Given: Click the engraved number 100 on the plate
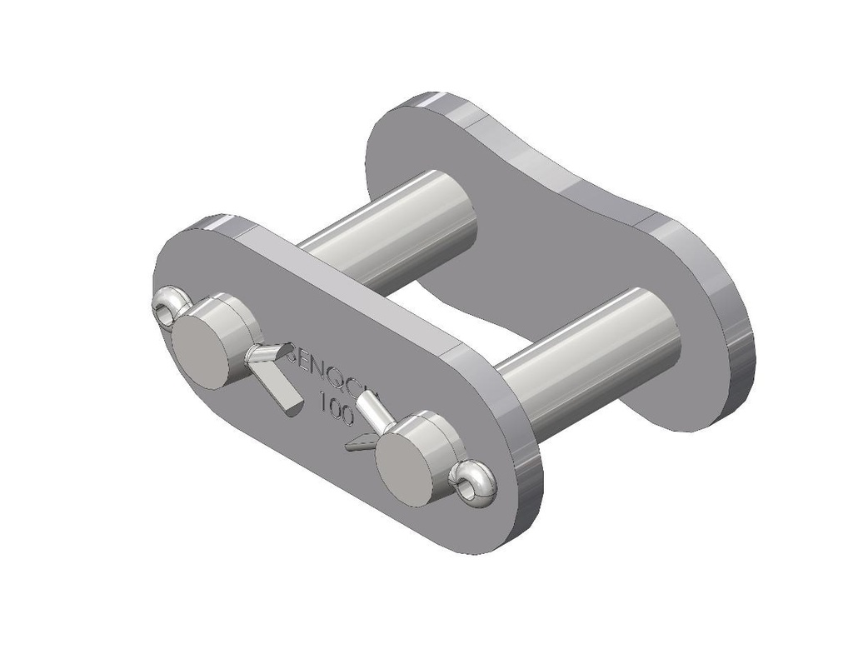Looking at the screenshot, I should tap(336, 409).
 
